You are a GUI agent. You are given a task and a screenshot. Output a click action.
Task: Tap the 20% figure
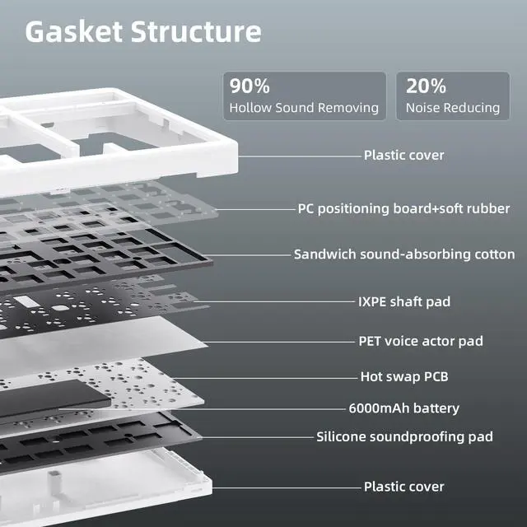(426, 86)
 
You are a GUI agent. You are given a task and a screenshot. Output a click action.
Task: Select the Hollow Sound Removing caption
(304, 108)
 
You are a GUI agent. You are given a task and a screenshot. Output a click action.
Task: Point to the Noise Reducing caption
(452, 108)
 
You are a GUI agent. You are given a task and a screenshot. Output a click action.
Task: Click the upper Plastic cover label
(403, 155)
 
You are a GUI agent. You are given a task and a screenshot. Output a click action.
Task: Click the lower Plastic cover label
(403, 487)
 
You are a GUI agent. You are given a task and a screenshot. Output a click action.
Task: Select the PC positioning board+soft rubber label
(403, 208)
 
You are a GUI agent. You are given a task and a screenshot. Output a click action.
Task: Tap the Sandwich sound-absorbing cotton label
(404, 254)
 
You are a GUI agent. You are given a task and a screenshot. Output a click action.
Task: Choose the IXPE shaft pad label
(404, 301)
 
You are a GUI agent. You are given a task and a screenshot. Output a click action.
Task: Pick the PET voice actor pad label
(420, 341)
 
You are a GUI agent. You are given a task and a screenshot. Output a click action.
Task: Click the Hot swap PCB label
(404, 376)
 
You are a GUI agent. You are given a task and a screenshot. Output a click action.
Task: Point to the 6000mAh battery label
(404, 408)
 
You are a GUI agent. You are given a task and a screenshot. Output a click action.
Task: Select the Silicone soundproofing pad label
(404, 436)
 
